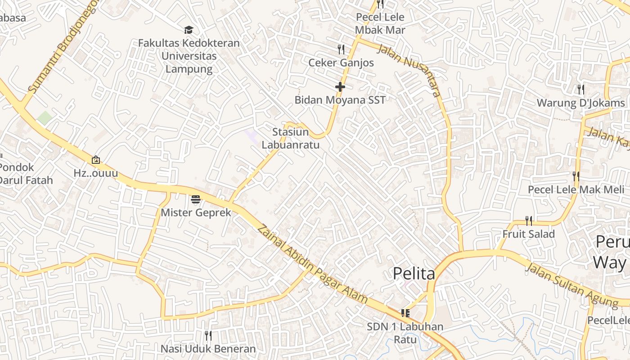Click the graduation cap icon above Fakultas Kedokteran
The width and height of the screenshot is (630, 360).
(x=189, y=30)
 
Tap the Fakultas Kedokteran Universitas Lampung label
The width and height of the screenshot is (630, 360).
(x=189, y=56)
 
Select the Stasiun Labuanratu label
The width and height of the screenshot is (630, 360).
(x=296, y=138)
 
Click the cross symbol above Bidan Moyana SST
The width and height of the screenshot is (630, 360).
(x=340, y=86)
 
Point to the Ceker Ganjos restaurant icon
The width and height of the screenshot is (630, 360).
(x=341, y=49)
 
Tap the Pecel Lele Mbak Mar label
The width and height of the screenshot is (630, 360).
(x=380, y=24)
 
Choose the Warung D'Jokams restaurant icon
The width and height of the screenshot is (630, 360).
(x=580, y=89)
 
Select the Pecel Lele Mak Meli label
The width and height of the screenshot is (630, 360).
(x=576, y=189)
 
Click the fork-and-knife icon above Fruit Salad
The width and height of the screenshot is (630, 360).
(x=529, y=220)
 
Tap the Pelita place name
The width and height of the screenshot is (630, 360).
(x=414, y=273)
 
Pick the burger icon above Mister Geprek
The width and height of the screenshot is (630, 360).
(x=195, y=199)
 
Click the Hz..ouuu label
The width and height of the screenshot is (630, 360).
(x=96, y=173)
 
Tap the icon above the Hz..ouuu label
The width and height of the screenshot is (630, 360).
(x=96, y=160)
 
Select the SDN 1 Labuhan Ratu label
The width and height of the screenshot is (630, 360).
(x=405, y=333)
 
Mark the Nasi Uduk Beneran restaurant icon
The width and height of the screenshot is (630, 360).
(x=208, y=336)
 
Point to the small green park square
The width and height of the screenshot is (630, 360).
(x=45, y=118)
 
